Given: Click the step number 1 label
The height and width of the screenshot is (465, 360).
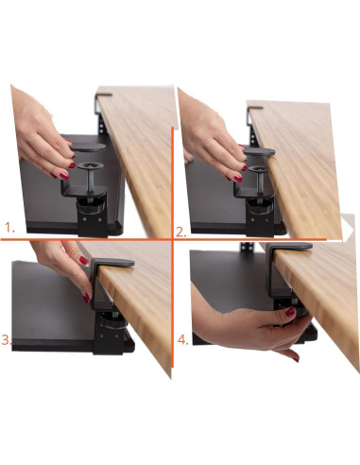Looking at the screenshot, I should point(9,228).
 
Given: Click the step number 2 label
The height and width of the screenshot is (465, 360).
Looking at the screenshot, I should point(181,230).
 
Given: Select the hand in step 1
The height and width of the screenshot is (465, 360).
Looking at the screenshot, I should point(43,132).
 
